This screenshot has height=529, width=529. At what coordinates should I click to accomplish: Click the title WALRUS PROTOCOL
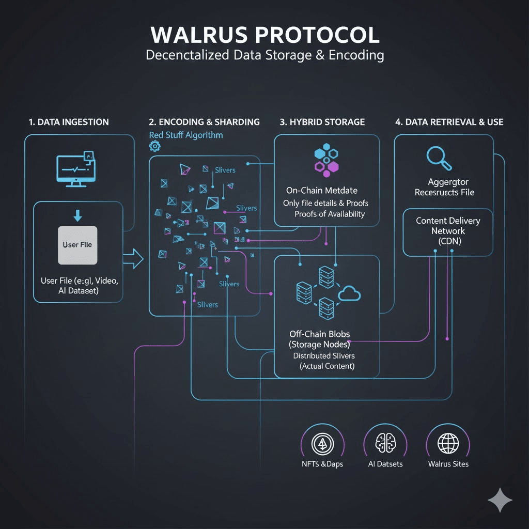pos(264,35)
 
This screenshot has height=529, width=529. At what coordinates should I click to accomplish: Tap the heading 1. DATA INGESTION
pos(69,122)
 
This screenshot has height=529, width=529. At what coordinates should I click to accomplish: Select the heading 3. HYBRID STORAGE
pos(322,122)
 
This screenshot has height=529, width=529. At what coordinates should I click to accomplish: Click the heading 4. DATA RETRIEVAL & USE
pos(449,122)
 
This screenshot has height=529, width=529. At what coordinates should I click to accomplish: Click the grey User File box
pos(77,245)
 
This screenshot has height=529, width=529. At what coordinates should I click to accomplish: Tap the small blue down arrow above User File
pos(77,214)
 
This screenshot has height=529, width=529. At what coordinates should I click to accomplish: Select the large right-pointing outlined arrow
pos(134,258)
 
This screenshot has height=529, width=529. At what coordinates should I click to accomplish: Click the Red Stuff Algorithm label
pos(186,135)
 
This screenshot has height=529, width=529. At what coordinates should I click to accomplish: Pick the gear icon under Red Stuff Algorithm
pos(154,146)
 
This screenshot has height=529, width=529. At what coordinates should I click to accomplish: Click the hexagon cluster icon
pos(326,159)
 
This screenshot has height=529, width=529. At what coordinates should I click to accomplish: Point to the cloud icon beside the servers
pos(349,293)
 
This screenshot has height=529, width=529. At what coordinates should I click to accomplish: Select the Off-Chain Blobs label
pos(319,334)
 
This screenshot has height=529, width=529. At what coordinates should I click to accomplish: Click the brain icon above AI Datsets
pos(385,442)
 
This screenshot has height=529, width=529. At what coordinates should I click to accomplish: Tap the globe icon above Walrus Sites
pos(448,443)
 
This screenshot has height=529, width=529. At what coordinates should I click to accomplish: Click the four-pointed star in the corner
pos(500,500)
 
